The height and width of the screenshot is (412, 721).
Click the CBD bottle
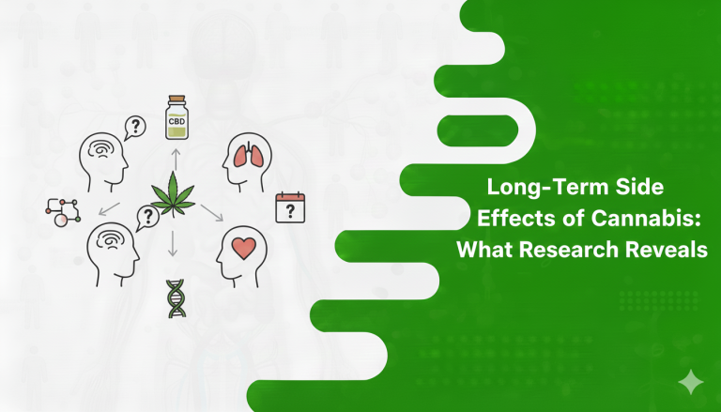coord(176,116)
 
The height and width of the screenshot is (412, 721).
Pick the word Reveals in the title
coord(669,251)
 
